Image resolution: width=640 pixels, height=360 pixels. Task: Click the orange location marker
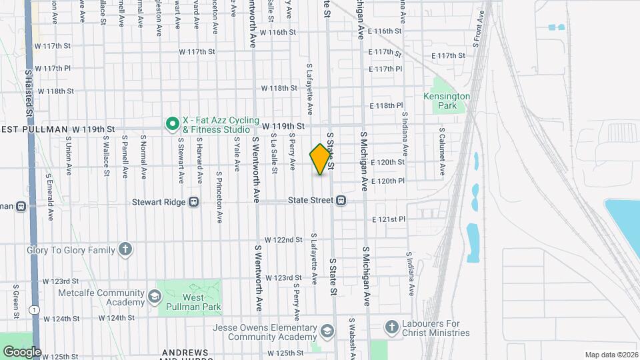[x=321, y=159]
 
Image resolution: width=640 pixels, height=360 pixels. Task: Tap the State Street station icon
[x=341, y=200]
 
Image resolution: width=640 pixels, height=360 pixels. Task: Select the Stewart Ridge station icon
[x=194, y=201]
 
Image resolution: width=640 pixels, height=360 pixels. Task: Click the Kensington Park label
[x=447, y=101]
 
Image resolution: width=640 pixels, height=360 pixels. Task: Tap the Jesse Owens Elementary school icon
[x=327, y=331]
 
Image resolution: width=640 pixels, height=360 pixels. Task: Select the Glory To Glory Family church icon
[x=125, y=250]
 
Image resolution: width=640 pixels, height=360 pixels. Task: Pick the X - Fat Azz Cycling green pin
[x=172, y=123]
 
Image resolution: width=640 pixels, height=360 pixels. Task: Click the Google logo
[x=22, y=351]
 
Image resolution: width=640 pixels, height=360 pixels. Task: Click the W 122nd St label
[x=283, y=239]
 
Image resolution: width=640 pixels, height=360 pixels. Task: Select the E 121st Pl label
[x=389, y=219]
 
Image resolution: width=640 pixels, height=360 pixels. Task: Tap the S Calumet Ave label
[x=441, y=153]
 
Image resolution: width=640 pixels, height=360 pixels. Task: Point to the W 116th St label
[x=277, y=32]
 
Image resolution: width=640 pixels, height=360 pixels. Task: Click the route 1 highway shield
[x=33, y=310]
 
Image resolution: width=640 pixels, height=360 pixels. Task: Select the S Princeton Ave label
[x=219, y=198]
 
